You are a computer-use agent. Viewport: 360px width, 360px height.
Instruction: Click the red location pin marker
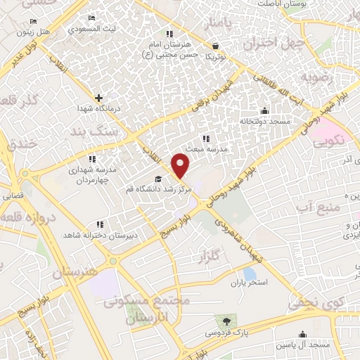[181, 166]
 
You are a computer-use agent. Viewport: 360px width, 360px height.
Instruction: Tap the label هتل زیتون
[54, 32]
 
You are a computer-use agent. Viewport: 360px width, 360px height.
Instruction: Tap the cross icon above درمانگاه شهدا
[98, 98]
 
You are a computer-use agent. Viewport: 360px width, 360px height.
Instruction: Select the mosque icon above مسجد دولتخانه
[264, 110]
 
